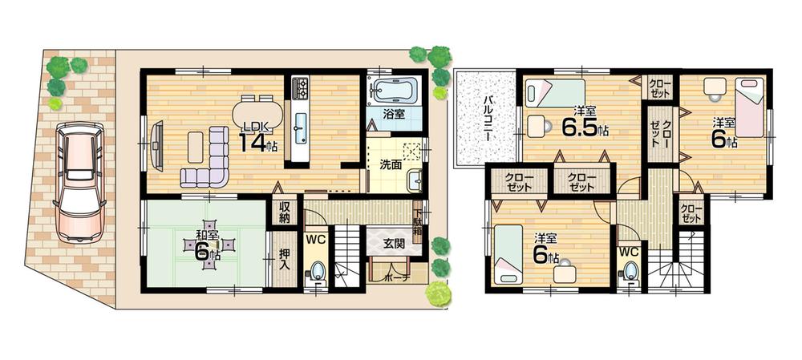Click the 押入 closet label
click(284, 255)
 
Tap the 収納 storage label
click(285, 212)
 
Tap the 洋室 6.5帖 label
click(583, 120)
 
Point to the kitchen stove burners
click(301, 87)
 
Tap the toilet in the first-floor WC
click(318, 271)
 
